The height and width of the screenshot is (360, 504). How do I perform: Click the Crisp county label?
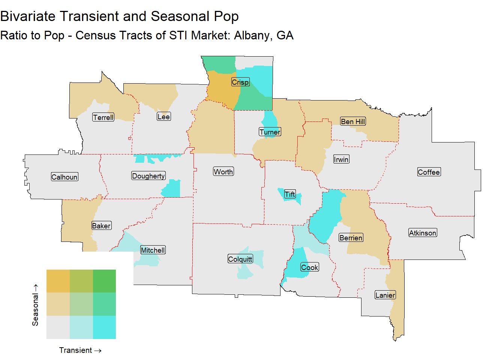[x=240, y=82]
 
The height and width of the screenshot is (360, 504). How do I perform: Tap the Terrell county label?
[x=103, y=117]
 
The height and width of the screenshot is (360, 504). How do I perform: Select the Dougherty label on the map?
[x=148, y=176]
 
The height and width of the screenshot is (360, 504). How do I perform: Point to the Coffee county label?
[x=429, y=172]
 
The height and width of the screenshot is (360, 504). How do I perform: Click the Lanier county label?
[x=385, y=295]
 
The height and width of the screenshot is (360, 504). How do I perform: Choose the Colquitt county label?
[x=240, y=259]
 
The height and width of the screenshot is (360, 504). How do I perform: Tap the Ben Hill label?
[x=353, y=121]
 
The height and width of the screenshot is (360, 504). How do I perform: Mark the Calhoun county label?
[x=64, y=177]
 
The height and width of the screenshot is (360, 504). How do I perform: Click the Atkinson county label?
[x=423, y=233]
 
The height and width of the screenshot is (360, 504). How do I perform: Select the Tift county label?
[x=290, y=194]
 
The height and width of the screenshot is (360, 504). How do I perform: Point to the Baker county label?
[x=101, y=226]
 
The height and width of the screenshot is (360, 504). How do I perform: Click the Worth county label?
[x=223, y=172]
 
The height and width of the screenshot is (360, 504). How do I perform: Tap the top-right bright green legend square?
[x=104, y=281]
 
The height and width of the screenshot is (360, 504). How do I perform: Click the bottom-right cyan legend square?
[x=104, y=327]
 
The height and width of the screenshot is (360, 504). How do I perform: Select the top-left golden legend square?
[x=58, y=281]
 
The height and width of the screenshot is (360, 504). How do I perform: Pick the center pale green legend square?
[x=81, y=304]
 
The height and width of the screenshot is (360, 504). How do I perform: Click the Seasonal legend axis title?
[x=35, y=305]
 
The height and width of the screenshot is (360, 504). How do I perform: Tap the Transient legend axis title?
[x=80, y=350]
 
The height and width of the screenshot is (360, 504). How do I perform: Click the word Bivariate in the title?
[x=28, y=16]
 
